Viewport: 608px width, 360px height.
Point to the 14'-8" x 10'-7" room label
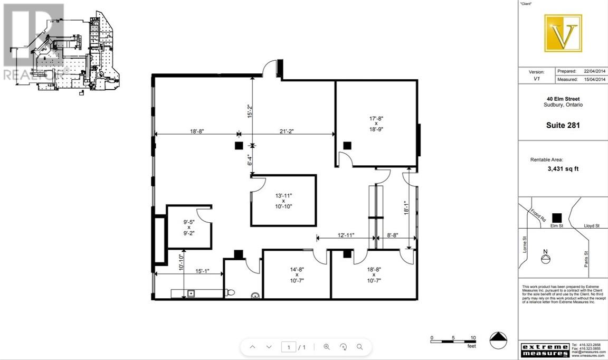[x=297, y=274]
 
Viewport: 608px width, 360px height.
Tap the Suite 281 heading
[x=562, y=125]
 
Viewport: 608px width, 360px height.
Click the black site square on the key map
[x=556, y=217]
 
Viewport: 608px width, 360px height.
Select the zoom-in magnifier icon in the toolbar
[x=327, y=347]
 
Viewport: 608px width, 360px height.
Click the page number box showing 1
[x=289, y=347]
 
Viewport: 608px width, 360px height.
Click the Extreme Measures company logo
[x=545, y=349]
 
